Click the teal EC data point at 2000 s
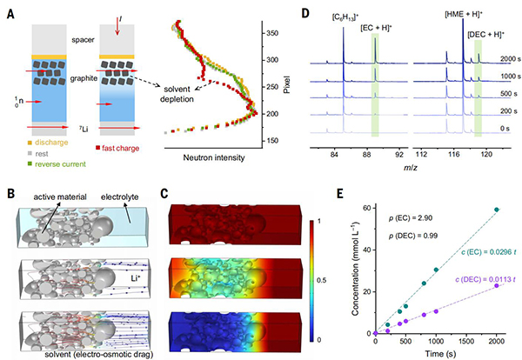coord(498,210)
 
